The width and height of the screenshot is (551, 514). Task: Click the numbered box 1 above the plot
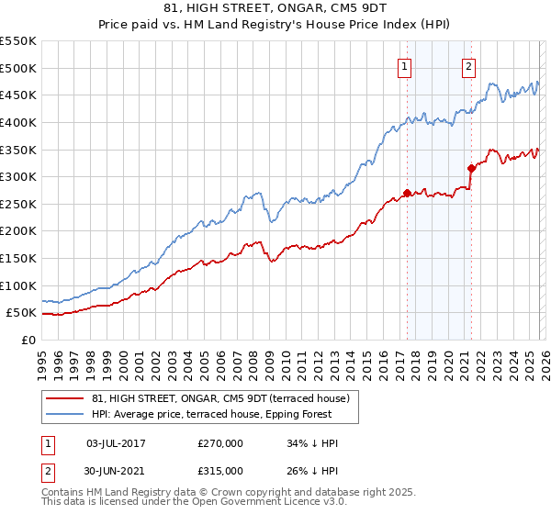click(x=404, y=65)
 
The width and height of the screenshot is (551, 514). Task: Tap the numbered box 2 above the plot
click(x=468, y=65)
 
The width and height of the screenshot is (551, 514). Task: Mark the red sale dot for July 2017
click(x=407, y=194)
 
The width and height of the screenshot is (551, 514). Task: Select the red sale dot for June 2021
click(x=471, y=168)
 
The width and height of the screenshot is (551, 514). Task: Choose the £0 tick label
click(x=29, y=340)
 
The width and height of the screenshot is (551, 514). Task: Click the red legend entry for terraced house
click(x=220, y=398)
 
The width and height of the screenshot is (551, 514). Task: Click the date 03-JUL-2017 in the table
click(x=115, y=443)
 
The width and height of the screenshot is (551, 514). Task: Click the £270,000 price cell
click(x=220, y=443)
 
